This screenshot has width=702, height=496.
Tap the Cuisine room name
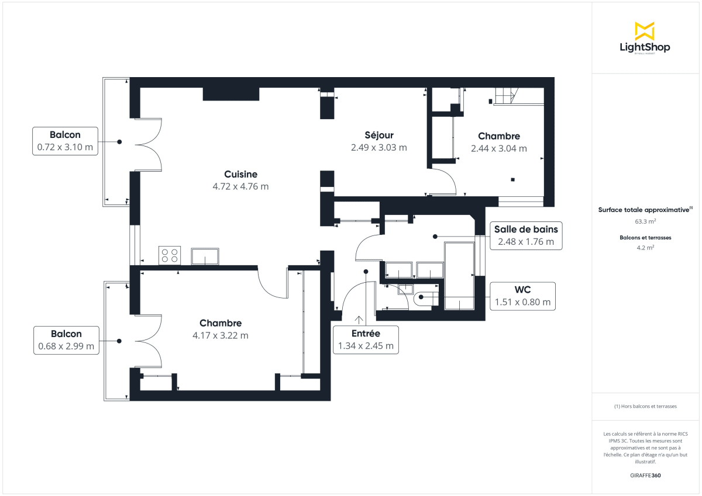[240, 174]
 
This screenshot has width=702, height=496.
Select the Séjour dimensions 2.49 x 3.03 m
[378, 148]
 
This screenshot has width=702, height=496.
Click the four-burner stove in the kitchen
[170, 255]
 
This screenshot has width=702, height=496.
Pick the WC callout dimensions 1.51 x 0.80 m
[522, 302]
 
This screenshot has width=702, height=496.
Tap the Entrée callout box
[366, 339]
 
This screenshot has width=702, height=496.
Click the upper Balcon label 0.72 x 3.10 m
[65, 148]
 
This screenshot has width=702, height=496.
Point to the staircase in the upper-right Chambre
[505, 95]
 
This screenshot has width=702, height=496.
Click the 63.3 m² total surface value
[645, 221]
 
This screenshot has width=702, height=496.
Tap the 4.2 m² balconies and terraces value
[645, 247]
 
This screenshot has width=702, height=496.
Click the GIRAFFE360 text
[645, 476]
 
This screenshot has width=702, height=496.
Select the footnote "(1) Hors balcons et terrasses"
[645, 406]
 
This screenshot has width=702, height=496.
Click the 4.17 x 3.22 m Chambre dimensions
[221, 335]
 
